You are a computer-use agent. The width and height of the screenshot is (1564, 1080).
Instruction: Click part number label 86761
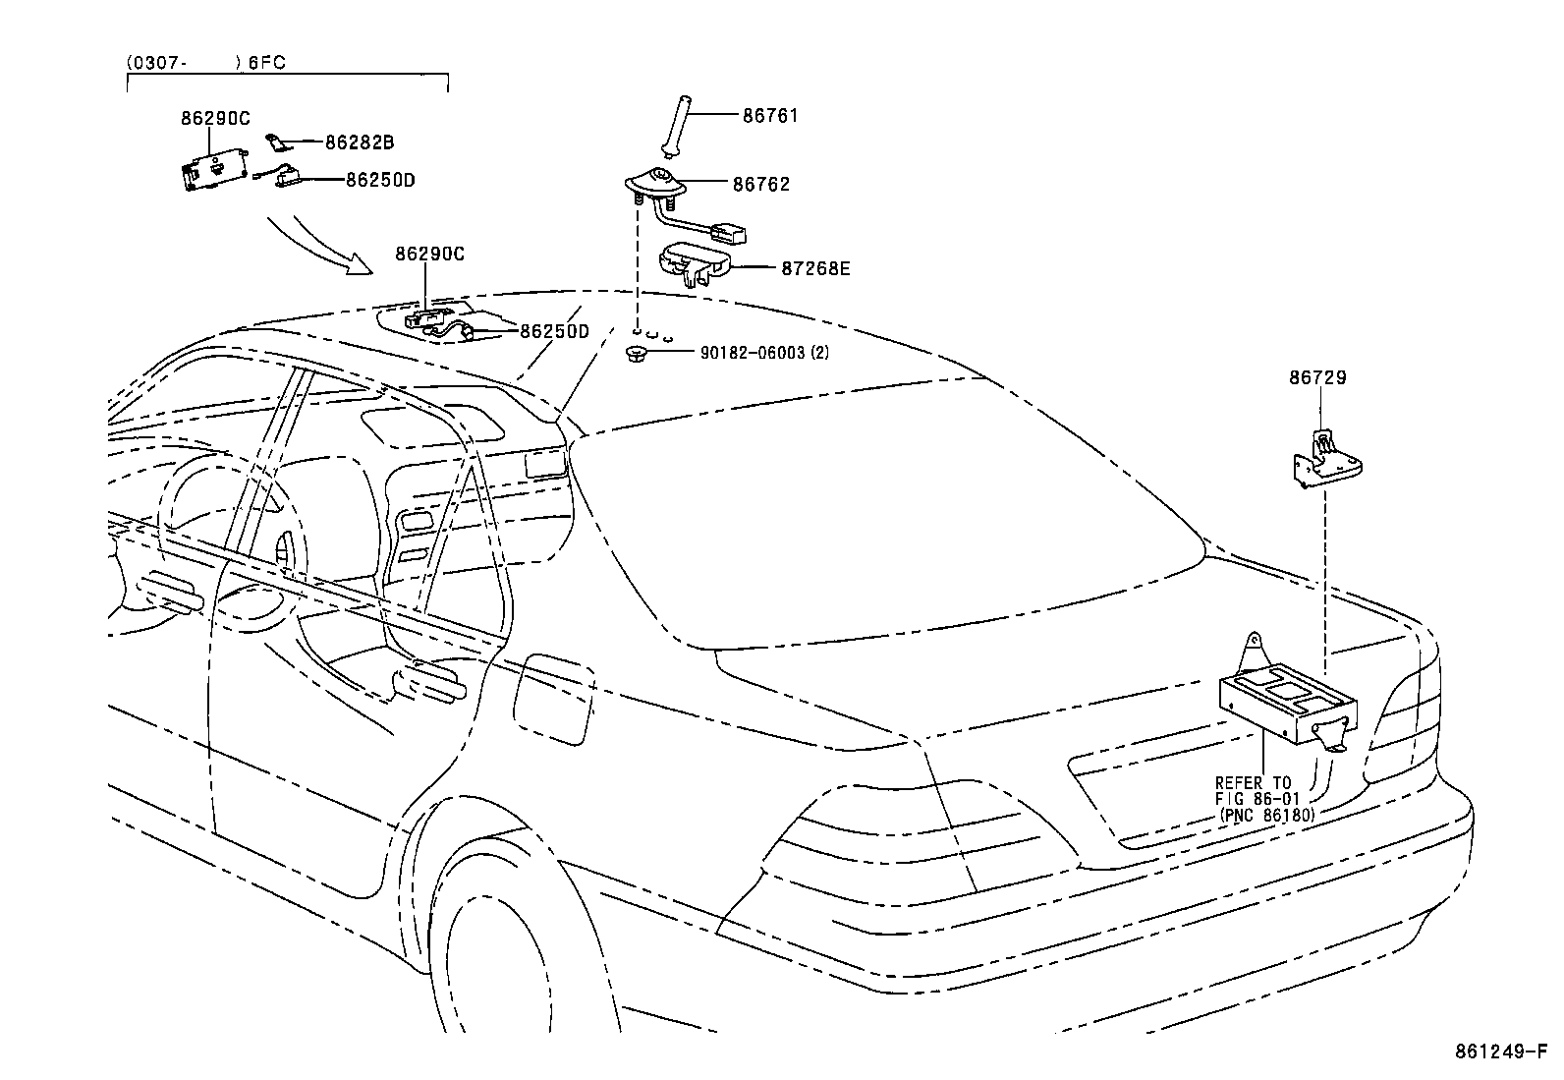[770, 115]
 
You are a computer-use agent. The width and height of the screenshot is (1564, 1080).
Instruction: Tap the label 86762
[760, 184]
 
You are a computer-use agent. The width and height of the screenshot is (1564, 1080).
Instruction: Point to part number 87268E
[815, 267]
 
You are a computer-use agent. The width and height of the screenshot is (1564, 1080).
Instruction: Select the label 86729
[1317, 377]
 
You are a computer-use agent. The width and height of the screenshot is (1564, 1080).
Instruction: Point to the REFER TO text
[1253, 783]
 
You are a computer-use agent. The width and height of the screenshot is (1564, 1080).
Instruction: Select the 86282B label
[360, 142]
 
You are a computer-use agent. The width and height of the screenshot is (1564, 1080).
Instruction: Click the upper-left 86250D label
[379, 180]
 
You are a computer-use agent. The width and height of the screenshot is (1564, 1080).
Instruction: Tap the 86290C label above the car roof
[429, 253]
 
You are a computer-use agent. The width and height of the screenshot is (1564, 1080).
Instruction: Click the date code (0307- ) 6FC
[206, 62]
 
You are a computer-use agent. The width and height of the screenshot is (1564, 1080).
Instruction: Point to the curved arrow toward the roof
[319, 247]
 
